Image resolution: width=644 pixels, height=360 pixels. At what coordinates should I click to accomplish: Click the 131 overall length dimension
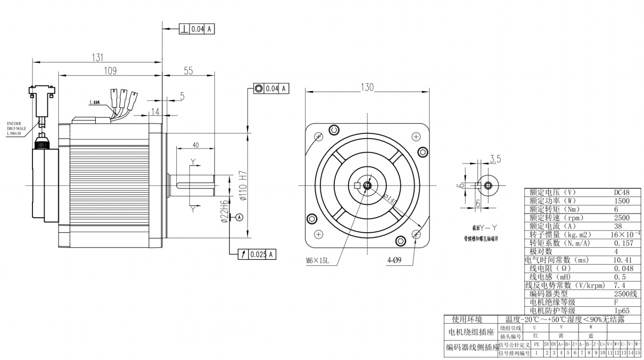click(x=96, y=58)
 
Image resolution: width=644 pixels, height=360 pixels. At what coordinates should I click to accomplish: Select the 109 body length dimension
click(x=110, y=71)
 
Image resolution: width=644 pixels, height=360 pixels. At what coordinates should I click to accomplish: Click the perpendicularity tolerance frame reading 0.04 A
click(x=196, y=29)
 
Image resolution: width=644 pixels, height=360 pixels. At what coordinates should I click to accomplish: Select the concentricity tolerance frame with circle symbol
click(x=271, y=88)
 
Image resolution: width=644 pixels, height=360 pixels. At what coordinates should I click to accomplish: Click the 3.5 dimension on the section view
click(x=494, y=159)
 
